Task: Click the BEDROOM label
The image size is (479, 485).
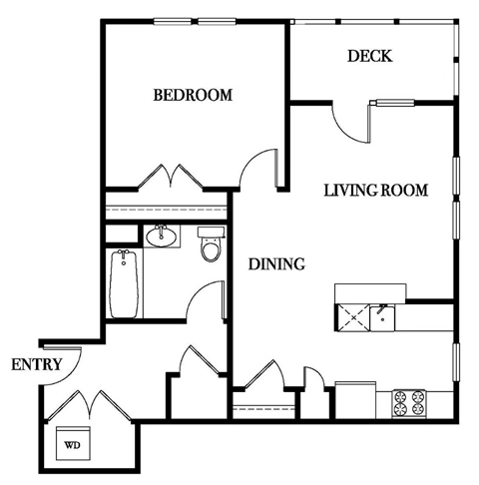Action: click(x=193, y=96)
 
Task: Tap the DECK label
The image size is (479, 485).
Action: click(x=369, y=56)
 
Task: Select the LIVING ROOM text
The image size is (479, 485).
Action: click(x=375, y=190)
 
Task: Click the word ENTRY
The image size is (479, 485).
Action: click(x=38, y=364)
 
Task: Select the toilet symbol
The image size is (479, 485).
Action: click(x=210, y=246)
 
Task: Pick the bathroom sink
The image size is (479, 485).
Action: click(x=160, y=237)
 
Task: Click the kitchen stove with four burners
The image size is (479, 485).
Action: click(x=409, y=402)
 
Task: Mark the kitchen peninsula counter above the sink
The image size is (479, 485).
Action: click(x=369, y=291)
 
